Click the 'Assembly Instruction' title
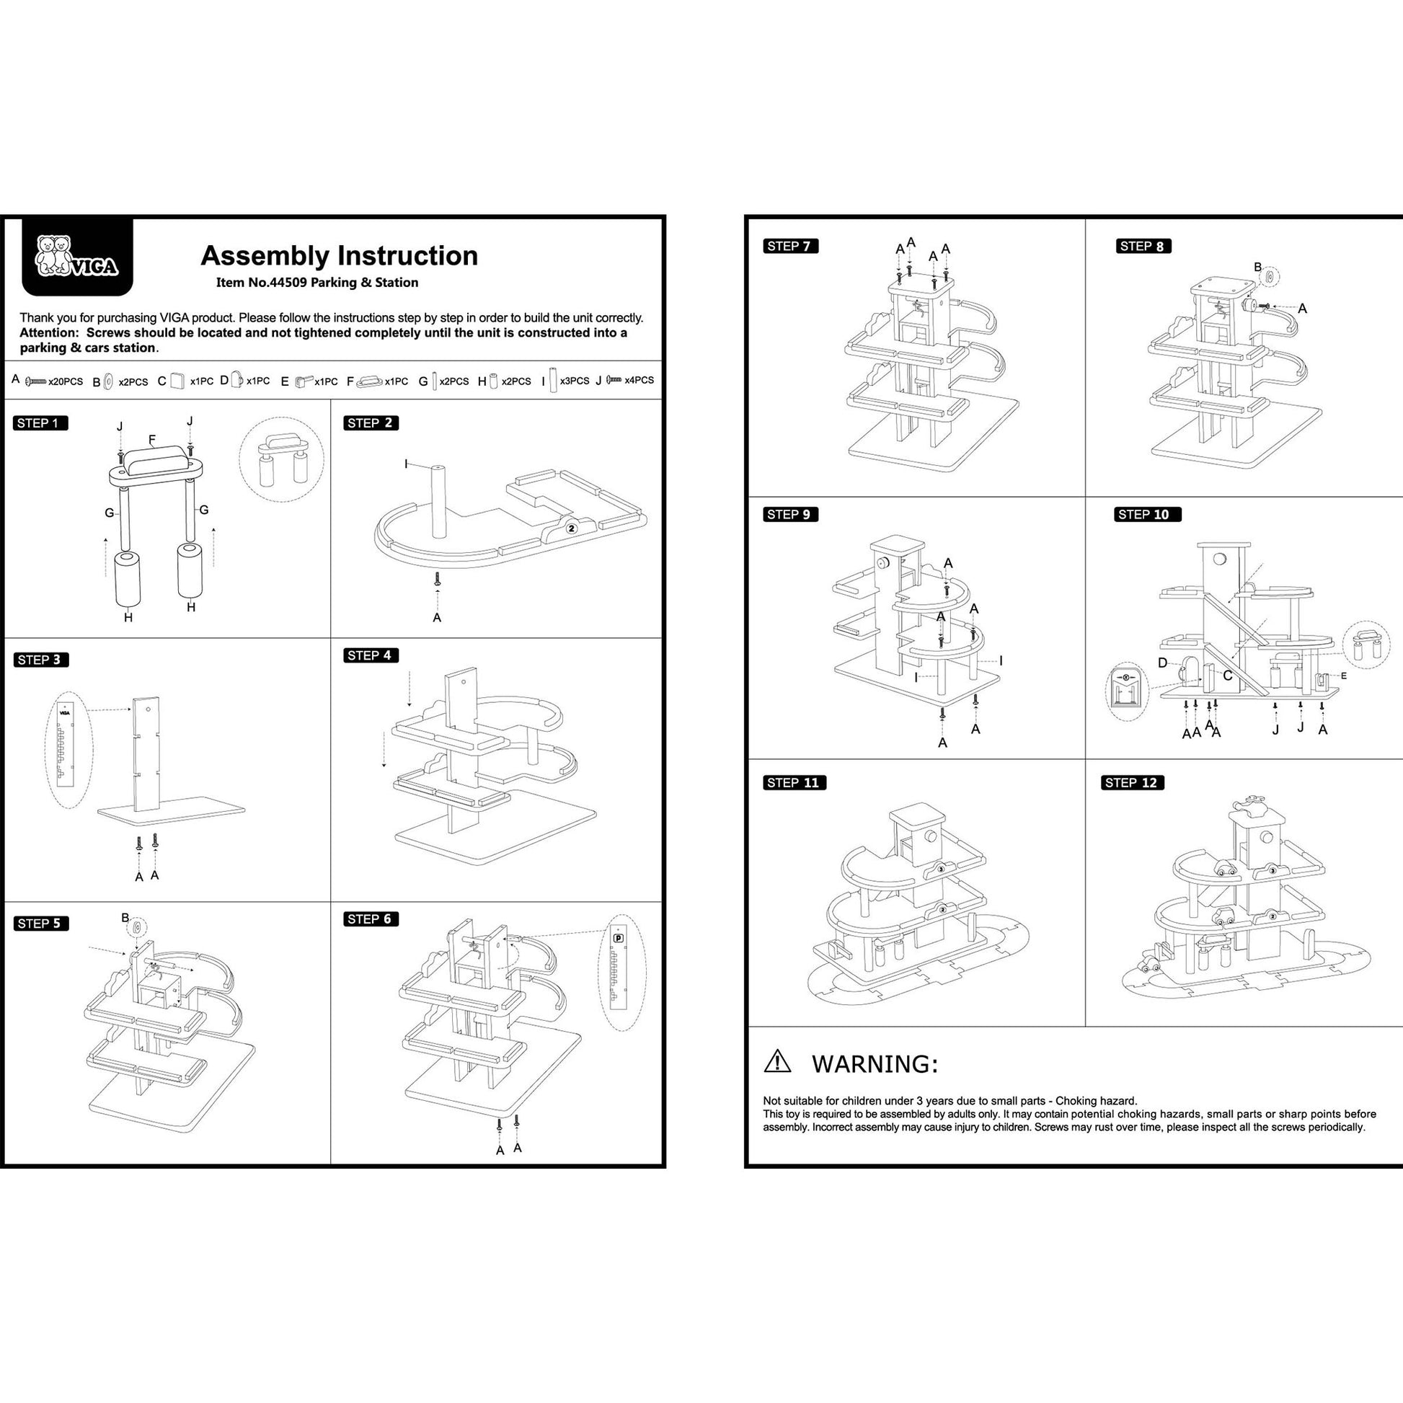[339, 256]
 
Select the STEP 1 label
[40, 423]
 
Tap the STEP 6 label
[371, 919]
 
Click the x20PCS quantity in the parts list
[66, 382]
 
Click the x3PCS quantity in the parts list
[575, 381]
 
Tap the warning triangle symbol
[777, 1062]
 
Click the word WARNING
[875, 1065]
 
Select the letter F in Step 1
[152, 439]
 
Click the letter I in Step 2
[407, 464]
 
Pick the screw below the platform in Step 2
[437, 579]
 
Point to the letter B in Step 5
[125, 919]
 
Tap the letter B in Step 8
[1258, 267]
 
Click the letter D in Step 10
[1163, 663]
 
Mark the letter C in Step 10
[1227, 676]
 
